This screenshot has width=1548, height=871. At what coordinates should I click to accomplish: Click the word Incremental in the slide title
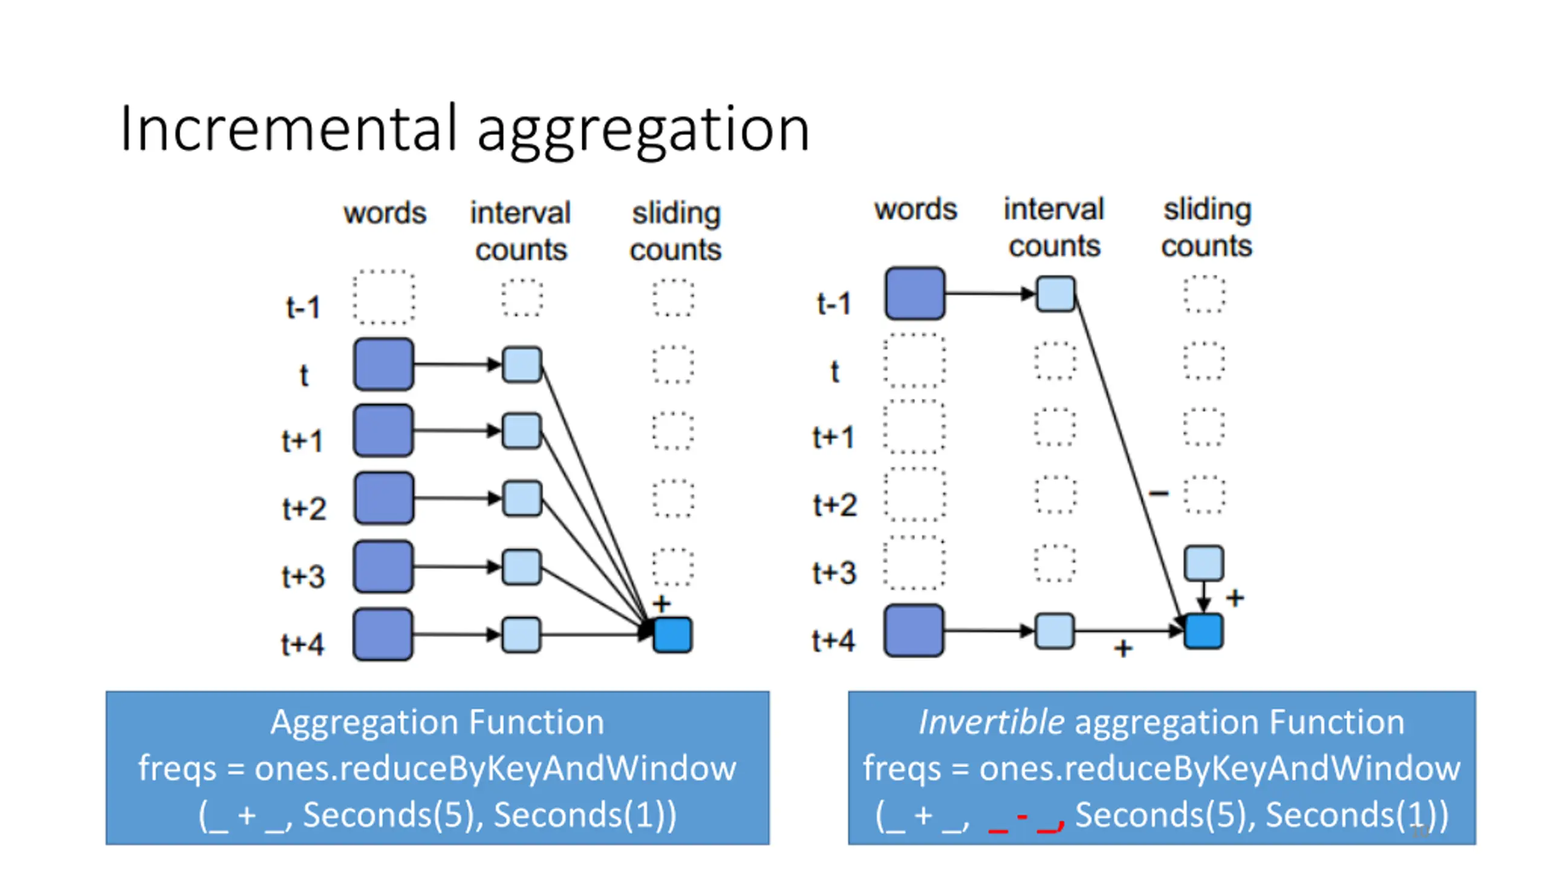point(288,128)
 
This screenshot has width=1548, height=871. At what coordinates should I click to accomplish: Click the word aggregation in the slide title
point(643,132)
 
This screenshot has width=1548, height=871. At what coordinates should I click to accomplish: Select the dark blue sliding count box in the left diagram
point(672,634)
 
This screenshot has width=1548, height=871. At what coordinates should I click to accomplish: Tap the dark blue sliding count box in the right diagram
point(1203,631)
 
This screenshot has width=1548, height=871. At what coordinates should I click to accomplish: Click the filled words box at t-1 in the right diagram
point(914,293)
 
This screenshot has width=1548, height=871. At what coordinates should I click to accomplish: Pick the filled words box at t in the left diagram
point(384,364)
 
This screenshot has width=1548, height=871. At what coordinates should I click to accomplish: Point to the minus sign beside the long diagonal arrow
point(1159,494)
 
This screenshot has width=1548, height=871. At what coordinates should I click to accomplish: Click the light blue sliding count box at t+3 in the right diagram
point(1204,563)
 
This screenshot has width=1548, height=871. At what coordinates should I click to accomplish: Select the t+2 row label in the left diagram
point(304,508)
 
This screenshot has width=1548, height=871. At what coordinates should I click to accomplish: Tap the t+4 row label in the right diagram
point(834,640)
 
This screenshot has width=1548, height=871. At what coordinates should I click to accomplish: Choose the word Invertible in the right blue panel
point(991,722)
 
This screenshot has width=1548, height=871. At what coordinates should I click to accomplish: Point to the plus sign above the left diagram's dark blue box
point(662,603)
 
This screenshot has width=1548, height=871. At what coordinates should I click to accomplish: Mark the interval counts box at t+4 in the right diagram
point(1055,631)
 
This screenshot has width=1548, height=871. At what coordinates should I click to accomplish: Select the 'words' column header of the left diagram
point(385,213)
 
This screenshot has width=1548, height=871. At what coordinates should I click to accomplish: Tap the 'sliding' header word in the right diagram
point(1208,210)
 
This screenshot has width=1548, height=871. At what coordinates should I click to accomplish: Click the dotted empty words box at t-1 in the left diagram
point(384,297)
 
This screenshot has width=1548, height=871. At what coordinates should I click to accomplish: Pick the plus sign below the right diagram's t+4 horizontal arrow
point(1123,649)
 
